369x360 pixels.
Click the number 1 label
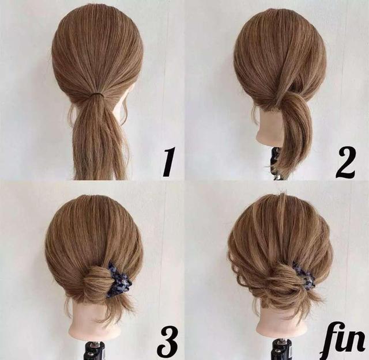[x=168, y=161]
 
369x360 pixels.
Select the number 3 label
[x=168, y=342]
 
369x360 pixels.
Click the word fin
[x=344, y=341]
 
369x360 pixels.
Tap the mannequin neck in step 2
[x=268, y=127]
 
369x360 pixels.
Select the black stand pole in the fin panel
[x=282, y=350]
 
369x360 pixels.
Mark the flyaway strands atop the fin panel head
[x=283, y=195]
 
